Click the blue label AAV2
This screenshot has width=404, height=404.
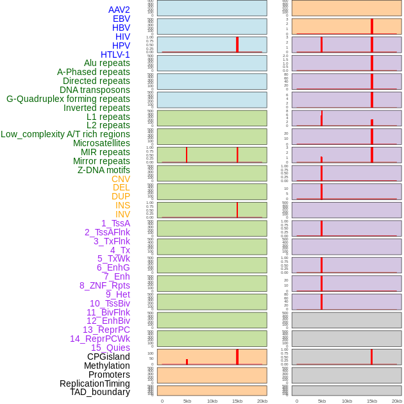coord(119,10)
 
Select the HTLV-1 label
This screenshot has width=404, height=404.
coord(115,55)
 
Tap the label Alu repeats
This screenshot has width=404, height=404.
coord(107,63)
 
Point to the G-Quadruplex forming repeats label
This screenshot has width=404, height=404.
coord(68,99)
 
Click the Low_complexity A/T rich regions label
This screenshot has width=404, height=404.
coord(65,134)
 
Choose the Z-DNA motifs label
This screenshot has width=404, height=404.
coord(104,170)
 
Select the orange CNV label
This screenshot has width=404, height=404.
coord(121,179)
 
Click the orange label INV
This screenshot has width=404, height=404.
coord(122,214)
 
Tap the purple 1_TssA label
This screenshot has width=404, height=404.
coord(115,223)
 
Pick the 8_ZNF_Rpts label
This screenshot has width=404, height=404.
coord(105,285)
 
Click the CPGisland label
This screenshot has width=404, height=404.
coord(108,357)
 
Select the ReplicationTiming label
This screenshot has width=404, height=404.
coord(95,383)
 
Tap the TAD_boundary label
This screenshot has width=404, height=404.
coord(100,392)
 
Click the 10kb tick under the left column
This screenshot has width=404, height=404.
coord(212,401)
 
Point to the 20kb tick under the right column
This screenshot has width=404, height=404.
coord(396,401)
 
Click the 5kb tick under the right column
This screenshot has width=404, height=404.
coord(321,401)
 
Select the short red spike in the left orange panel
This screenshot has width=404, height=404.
coord(187,362)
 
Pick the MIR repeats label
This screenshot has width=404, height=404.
coord(105,152)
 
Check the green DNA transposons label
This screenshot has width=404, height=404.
coord(95,90)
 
